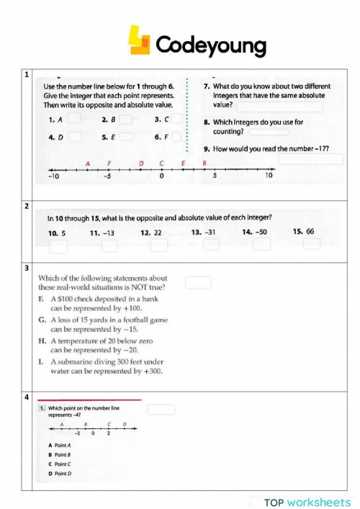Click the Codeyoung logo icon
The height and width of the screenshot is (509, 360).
click(140, 41)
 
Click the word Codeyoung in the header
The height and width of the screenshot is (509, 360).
click(210, 45)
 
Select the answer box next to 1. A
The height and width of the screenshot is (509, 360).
click(73, 120)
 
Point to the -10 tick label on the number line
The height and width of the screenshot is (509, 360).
click(53, 176)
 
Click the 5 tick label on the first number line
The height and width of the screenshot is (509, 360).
click(215, 176)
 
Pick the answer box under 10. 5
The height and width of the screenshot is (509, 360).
click(58, 246)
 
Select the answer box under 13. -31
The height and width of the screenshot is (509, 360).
click(210, 246)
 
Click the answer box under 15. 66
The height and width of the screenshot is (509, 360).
click(311, 245)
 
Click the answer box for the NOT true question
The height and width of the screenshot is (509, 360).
click(199, 283)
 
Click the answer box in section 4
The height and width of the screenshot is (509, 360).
click(161, 410)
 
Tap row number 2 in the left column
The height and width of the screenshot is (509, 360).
click(27, 207)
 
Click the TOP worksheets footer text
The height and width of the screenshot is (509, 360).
click(307, 502)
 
